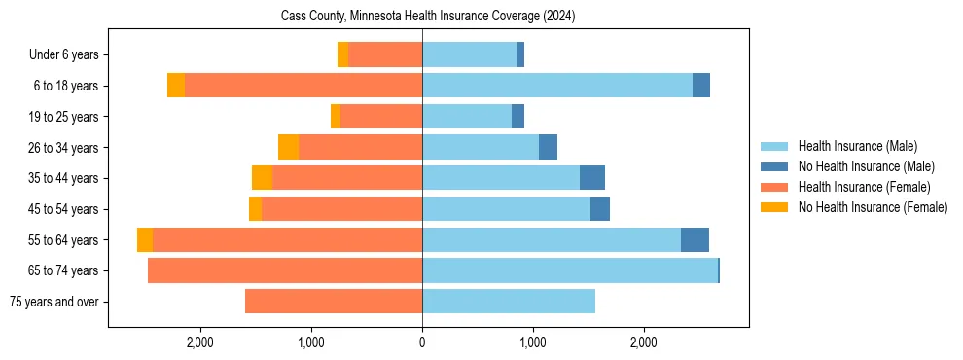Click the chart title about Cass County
pyautogui.click(x=428, y=17)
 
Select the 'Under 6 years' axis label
pyautogui.click(x=70, y=55)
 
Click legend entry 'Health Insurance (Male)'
pyautogui.click(x=857, y=146)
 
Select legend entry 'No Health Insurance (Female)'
pyautogui.click(x=873, y=207)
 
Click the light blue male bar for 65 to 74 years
pyautogui.click(x=569, y=270)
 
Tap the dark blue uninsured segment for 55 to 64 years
pyautogui.click(x=695, y=239)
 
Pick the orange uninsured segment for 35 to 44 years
pyautogui.click(x=262, y=178)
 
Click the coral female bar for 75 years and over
pyautogui.click(x=334, y=302)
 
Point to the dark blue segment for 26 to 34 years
pyautogui.click(x=548, y=147)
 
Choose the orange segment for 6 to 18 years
pyautogui.click(x=176, y=86)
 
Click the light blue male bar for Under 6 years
pyautogui.click(x=470, y=55)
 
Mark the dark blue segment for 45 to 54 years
pyautogui.click(x=600, y=209)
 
